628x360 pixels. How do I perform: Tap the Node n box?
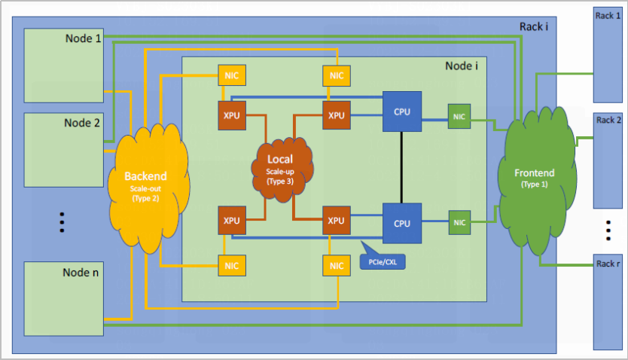pos(64,298)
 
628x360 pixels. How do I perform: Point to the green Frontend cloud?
pos(537,173)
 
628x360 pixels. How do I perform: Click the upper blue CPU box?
pos(402,111)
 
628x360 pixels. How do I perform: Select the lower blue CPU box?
pos(402,223)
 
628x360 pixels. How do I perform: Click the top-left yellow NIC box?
pos(230,75)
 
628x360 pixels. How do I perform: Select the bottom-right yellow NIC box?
pos(336,265)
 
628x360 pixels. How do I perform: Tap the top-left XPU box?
pos(230,115)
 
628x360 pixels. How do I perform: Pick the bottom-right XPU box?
pos(336,222)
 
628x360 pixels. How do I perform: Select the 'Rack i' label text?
pos(533,27)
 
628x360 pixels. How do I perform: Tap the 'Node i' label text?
pos(462,66)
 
